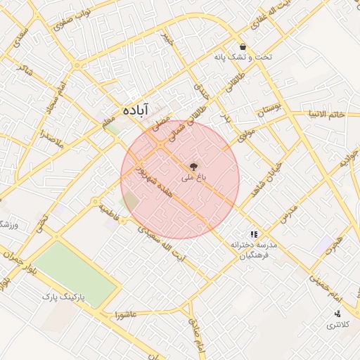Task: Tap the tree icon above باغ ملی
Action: coord(192,167)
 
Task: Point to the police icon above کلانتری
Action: coord(338,314)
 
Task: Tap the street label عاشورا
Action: coord(124,316)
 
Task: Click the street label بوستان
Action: coord(269,110)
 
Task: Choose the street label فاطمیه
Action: coord(109,210)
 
